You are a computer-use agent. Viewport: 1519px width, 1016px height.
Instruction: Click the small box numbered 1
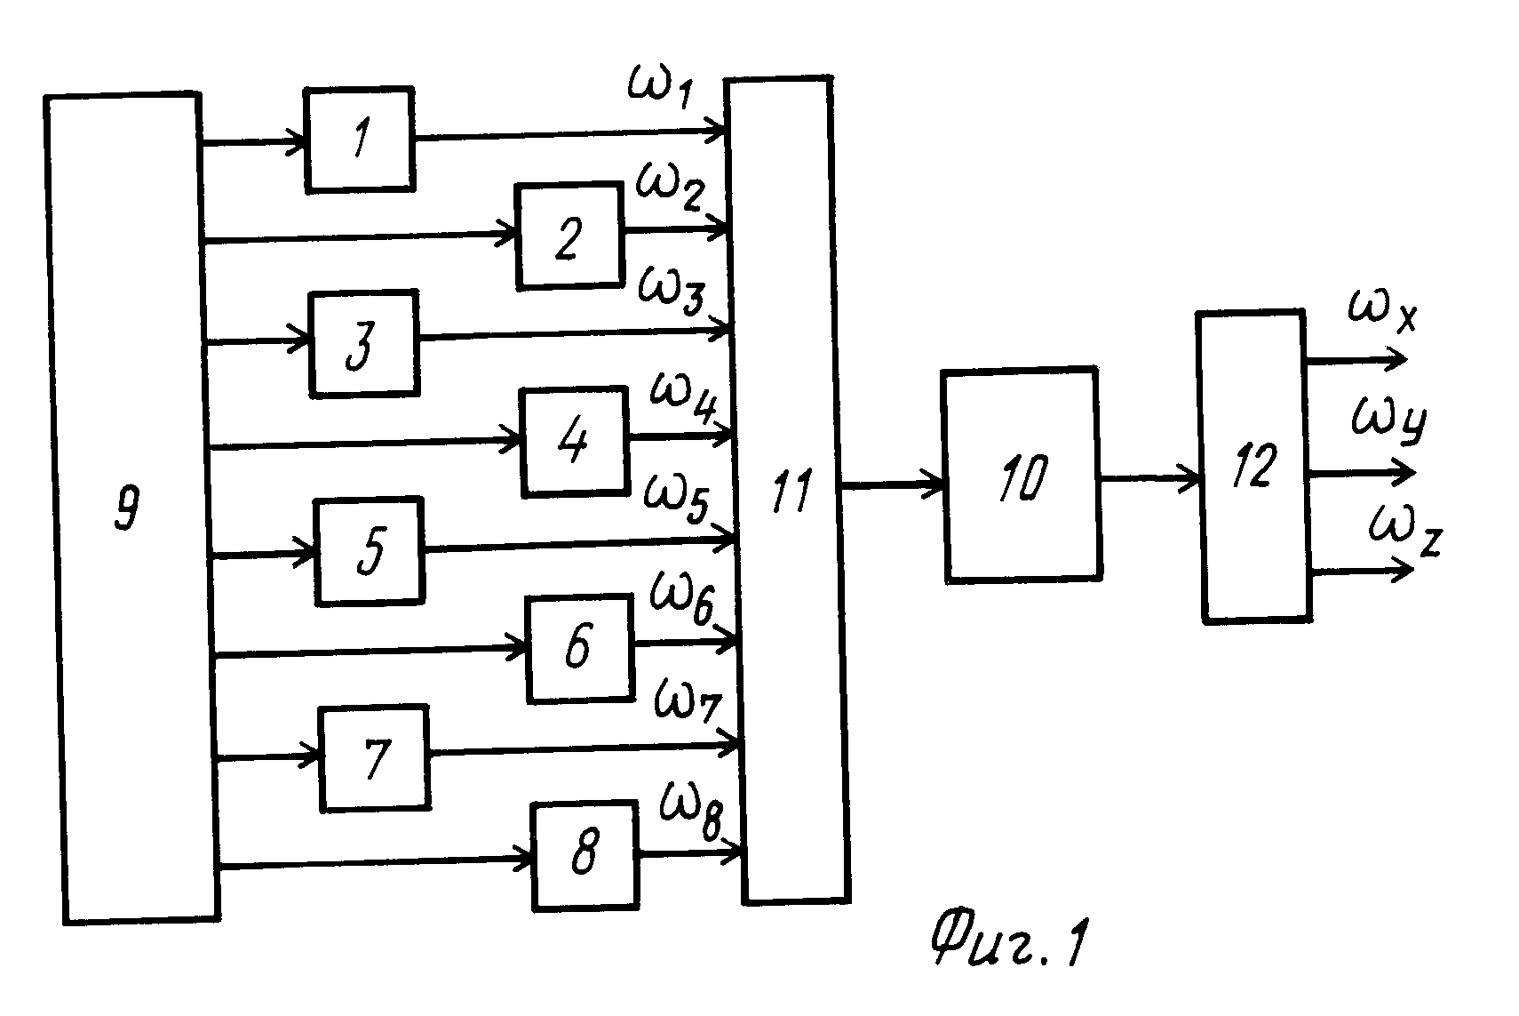[x=360, y=140]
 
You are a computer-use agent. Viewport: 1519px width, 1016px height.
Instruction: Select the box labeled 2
[x=570, y=236]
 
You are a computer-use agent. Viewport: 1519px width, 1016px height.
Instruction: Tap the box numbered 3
[x=364, y=343]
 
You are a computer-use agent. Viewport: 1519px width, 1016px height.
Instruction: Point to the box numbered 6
[x=580, y=648]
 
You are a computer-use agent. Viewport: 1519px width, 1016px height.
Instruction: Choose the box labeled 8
[x=585, y=856]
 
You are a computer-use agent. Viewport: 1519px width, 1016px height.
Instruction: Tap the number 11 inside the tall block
[x=791, y=492]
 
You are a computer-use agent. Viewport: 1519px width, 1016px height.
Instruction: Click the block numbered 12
[x=1254, y=466]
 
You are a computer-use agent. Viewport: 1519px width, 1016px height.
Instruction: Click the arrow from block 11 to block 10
[x=894, y=485]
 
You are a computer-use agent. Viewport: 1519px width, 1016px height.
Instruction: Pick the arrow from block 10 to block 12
[x=1149, y=478]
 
